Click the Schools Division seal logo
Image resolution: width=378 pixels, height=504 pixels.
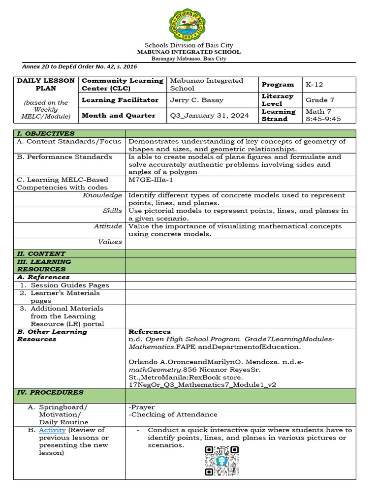coord(189,21)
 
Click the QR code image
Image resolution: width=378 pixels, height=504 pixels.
coord(222,461)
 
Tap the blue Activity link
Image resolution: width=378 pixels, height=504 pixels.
coord(52,430)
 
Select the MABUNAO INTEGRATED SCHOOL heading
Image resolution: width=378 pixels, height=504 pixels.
coord(189,52)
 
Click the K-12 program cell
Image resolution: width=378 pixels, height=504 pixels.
coord(315,84)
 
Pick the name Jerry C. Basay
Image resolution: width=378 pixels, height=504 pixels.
coord(196,100)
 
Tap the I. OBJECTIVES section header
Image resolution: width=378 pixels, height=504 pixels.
coord(46,133)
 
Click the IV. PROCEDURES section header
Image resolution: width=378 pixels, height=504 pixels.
coord(50,392)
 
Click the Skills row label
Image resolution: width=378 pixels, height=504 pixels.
coord(112,211)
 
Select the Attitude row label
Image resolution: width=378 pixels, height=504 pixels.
coord(108,226)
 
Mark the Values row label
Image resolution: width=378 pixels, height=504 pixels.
coord(110,242)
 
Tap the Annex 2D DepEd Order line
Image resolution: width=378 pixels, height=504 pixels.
coord(80,66)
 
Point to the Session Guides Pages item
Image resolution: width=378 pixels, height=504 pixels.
coord(69,285)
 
